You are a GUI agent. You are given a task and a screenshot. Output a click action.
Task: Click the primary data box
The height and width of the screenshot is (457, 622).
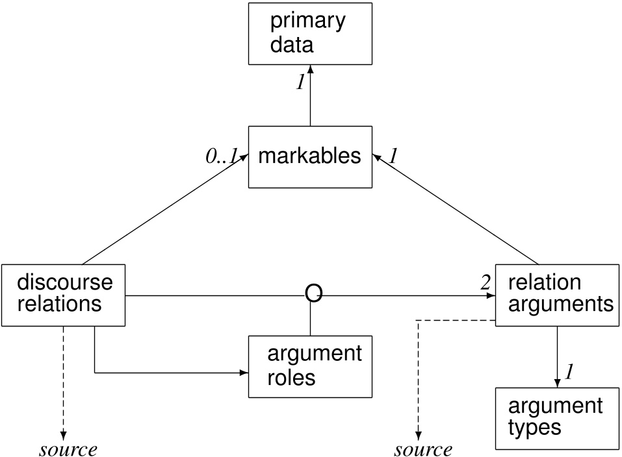[x=310, y=33]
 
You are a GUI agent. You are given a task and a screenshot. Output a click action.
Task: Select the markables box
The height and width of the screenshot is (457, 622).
[x=309, y=157]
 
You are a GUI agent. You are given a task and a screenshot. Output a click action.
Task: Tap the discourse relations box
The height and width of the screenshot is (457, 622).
[x=64, y=295]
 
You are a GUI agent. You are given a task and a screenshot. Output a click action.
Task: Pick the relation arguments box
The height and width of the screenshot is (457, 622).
[x=557, y=295]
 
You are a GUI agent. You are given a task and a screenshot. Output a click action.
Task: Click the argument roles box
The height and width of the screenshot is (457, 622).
[x=309, y=366]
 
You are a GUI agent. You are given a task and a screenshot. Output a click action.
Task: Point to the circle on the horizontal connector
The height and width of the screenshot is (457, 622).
[x=313, y=295]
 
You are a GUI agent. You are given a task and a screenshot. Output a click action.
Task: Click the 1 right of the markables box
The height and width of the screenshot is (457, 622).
[x=394, y=156]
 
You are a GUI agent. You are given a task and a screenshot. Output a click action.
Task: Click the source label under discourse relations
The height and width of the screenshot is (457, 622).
[x=68, y=449]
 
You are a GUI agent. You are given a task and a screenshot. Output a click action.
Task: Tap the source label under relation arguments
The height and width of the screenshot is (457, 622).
[x=423, y=449]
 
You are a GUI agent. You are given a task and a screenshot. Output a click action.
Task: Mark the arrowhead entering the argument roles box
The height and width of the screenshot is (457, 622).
[x=244, y=373]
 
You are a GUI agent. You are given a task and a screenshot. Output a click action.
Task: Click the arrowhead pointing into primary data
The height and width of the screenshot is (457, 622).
[x=310, y=69]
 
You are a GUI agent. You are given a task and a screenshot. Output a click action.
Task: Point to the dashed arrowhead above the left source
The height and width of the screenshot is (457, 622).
[x=63, y=434]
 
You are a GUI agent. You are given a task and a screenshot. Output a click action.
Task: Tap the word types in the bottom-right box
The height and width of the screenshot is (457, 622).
[x=534, y=428]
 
